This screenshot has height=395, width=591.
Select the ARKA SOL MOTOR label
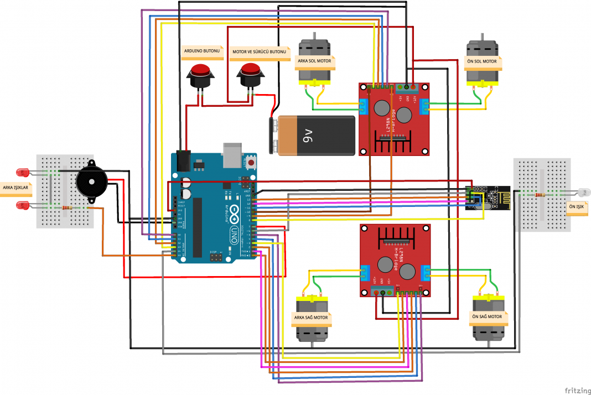click(x=314, y=61)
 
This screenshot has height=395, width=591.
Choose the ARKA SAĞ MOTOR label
click(x=311, y=318)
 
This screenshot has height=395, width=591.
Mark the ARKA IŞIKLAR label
click(x=16, y=188)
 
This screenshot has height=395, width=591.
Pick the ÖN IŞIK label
click(x=577, y=207)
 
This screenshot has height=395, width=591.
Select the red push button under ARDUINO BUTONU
click(x=200, y=75)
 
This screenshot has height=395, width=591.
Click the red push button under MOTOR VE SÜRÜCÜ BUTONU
click(x=251, y=75)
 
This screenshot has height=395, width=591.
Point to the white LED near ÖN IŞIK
click(x=583, y=193)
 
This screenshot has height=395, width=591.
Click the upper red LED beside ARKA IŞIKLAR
click(x=23, y=172)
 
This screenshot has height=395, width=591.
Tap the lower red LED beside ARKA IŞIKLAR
click(x=23, y=205)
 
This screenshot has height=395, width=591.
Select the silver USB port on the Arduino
click(x=231, y=154)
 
